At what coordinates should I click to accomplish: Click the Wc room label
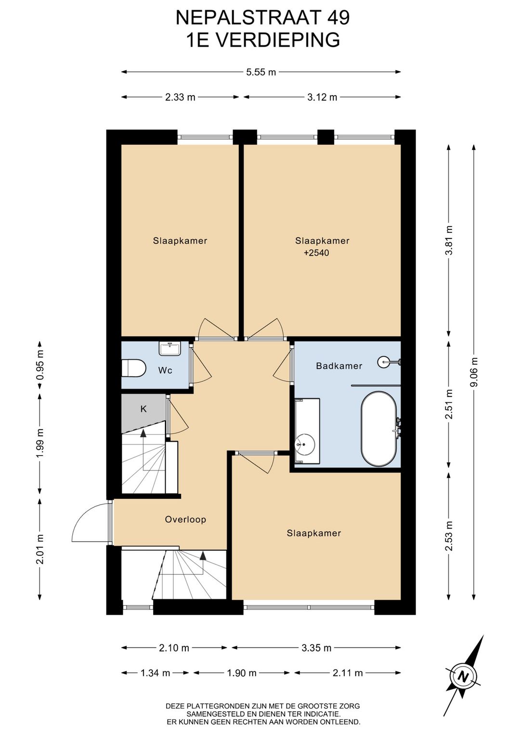click(165, 370)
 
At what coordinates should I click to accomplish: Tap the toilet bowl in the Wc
click(133, 368)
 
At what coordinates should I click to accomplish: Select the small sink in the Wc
click(169, 348)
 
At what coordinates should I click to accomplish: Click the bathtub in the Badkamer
click(379, 429)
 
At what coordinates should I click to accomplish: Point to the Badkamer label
click(339, 366)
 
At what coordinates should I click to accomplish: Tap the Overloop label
click(185, 519)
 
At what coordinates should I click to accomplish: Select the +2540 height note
click(316, 253)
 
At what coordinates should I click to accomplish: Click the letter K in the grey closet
click(143, 409)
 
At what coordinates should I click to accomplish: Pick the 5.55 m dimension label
click(261, 72)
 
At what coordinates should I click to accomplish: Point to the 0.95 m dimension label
click(40, 365)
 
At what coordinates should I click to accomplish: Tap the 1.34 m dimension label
click(155, 673)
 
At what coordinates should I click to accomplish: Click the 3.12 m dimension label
click(322, 97)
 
